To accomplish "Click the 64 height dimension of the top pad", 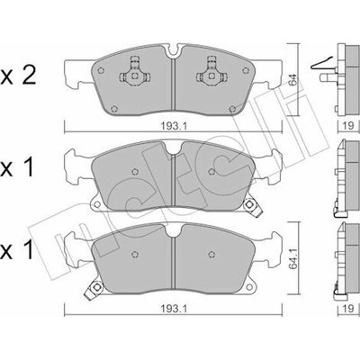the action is click(293, 80).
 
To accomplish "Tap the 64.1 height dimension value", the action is click(293, 259).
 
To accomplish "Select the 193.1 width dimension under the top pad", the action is click(174, 126).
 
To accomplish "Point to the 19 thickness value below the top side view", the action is click(348, 126).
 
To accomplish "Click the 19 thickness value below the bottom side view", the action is click(348, 309).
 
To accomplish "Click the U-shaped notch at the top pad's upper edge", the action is click(174, 51).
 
